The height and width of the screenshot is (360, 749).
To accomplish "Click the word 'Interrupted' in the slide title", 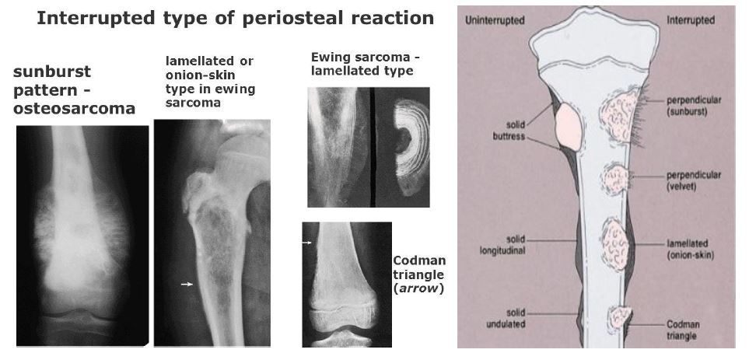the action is [89, 18].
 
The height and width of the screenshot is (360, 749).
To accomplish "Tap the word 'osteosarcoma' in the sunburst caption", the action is [74, 108].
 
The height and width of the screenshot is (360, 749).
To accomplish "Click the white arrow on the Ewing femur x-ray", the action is [187, 284].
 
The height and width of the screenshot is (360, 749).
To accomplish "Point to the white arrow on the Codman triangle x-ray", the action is [306, 243].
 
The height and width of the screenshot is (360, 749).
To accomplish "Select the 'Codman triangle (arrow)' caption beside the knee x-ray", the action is [419, 274].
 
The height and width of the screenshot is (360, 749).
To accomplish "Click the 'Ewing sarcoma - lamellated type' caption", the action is [366, 64].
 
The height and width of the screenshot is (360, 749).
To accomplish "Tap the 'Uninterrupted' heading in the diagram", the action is [495, 20].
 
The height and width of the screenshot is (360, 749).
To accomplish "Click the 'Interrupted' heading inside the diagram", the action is [691, 20].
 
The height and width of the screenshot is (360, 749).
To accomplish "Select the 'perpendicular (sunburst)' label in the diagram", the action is [694, 107].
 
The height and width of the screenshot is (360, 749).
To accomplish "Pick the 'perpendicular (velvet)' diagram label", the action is [694, 180].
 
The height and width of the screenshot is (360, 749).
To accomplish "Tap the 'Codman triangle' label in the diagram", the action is [683, 330].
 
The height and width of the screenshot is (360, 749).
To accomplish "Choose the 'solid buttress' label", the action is [509, 131].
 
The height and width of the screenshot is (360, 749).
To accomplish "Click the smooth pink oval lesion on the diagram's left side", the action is [569, 128].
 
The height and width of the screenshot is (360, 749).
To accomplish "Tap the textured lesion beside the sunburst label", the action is [619, 116].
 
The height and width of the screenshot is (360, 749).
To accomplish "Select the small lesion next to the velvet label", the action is [615, 179].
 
